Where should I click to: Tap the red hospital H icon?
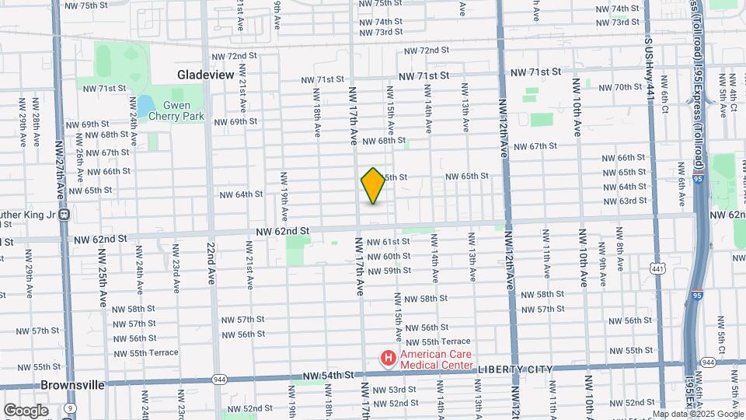(387, 358)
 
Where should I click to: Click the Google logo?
(26, 410)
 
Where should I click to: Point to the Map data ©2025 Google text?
(697, 414)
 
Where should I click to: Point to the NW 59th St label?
(389, 271)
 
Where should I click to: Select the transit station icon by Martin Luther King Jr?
(65, 215)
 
